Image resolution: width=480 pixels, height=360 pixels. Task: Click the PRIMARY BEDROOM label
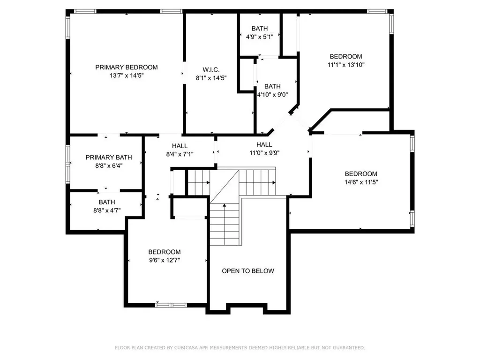(x=127, y=67)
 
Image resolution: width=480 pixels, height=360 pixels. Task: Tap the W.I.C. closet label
(x=211, y=70)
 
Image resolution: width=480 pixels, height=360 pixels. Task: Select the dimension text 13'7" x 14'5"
(x=127, y=75)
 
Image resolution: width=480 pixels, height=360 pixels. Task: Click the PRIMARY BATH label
(x=108, y=157)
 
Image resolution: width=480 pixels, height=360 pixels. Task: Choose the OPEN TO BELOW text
(x=248, y=271)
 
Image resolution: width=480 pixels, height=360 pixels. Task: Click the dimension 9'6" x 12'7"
(x=164, y=260)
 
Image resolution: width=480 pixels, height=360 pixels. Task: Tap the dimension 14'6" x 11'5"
(x=361, y=181)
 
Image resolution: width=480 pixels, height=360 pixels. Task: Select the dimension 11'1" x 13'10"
(x=345, y=65)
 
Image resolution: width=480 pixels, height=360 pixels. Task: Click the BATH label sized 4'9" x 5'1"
(x=259, y=29)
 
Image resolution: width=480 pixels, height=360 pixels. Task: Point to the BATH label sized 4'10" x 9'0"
(x=272, y=86)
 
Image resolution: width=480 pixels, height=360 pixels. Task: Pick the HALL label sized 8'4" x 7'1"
(x=180, y=146)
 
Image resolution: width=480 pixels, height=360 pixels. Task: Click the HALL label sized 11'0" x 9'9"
(x=264, y=144)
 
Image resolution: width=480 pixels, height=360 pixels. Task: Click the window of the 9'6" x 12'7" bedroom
(x=171, y=305)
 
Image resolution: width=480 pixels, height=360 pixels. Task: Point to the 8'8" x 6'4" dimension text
(x=108, y=165)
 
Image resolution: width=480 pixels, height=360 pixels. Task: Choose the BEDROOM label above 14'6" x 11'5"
(x=361, y=173)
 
